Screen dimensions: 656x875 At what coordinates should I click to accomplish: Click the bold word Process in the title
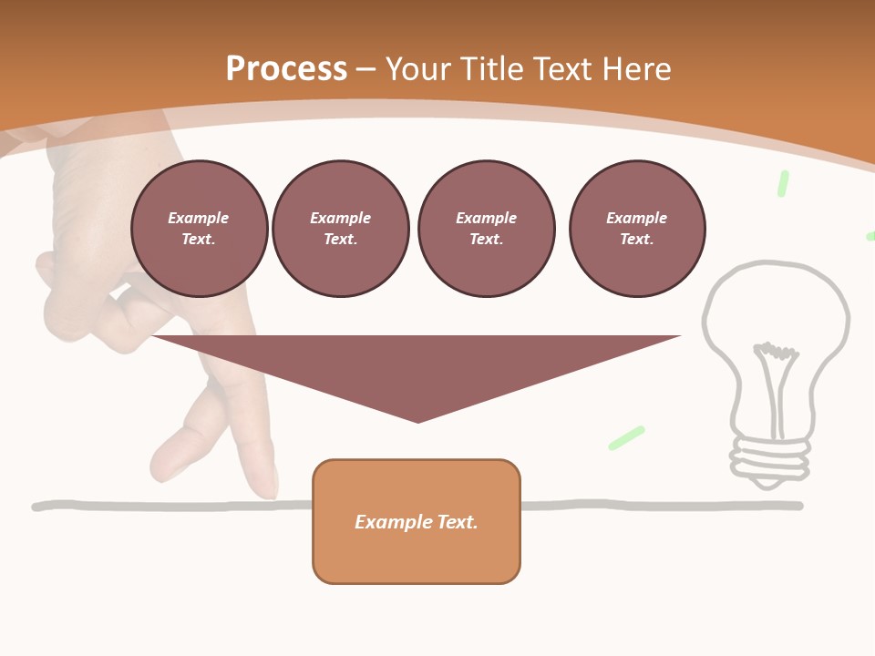[286, 69]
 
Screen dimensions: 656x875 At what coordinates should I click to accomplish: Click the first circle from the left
[199, 229]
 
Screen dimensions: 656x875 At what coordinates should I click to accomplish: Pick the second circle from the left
[340, 229]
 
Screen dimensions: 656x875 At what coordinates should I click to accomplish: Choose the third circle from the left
[486, 229]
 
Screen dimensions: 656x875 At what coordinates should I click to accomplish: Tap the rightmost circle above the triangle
[636, 229]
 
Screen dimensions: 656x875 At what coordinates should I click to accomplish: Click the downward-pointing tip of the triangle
[417, 419]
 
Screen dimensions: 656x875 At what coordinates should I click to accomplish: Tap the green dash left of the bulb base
[626, 437]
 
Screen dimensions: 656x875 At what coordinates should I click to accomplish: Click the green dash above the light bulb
[782, 183]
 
